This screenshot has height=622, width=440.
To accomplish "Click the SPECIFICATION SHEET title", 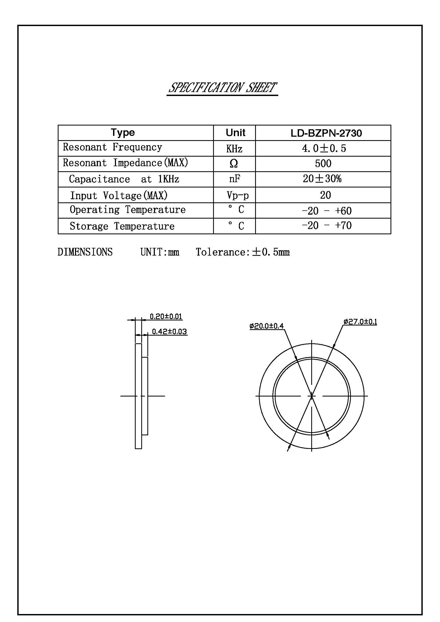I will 222,88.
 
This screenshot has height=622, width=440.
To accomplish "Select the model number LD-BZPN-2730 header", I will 326,133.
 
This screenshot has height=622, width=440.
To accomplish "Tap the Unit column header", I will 235,133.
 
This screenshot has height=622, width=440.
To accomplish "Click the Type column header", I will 123,132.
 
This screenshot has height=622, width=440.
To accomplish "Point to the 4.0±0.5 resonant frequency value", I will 324,148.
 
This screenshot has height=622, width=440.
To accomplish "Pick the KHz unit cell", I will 234,149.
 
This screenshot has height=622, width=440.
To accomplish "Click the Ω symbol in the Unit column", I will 234,163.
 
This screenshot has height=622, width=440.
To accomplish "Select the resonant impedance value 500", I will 323,164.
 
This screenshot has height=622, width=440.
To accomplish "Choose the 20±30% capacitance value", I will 322,179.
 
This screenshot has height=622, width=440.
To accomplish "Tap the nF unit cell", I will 234,179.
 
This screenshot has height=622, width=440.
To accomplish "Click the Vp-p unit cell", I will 238,195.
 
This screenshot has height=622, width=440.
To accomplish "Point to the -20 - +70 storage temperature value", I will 326,226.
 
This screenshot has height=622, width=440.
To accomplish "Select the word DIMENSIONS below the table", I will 85,252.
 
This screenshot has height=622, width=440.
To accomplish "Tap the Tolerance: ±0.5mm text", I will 243,252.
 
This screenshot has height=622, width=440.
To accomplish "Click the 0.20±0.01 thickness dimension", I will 166,316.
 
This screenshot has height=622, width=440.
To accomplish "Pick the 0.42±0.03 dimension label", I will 169,332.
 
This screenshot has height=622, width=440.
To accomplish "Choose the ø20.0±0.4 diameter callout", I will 267,326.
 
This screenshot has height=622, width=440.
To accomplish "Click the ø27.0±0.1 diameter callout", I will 360,322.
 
